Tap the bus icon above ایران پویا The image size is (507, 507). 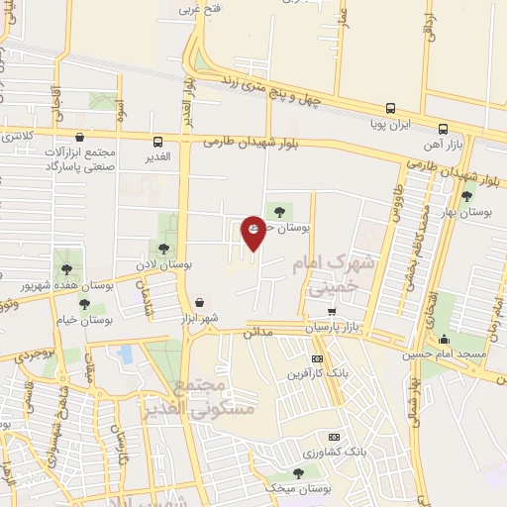pyautogui.click(x=391, y=109)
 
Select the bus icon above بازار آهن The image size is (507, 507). pyautogui.click(x=442, y=129)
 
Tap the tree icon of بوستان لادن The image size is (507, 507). pyautogui.click(x=163, y=248)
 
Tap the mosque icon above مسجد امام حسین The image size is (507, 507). pyautogui.click(x=443, y=339)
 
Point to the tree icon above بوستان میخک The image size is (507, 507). pyautogui.click(x=299, y=473)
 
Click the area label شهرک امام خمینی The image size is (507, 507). pyautogui.click(x=331, y=276)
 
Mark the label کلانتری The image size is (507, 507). pyautogui.click(x=16, y=134)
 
